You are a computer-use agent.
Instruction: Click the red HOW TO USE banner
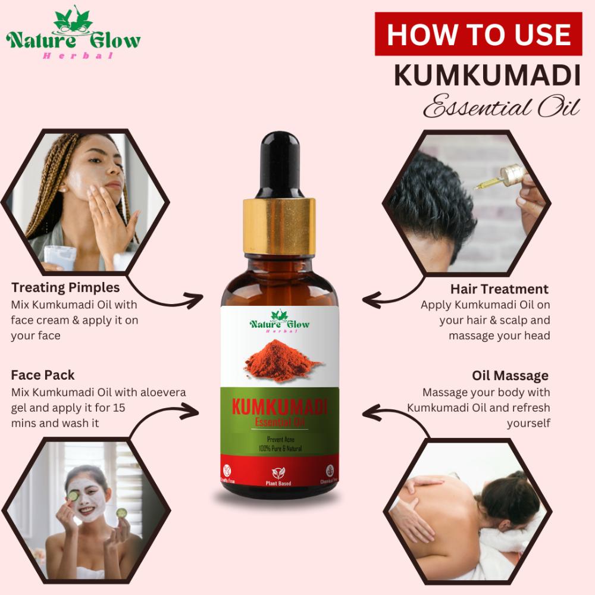[478, 35]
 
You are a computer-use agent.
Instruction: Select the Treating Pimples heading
[65, 288]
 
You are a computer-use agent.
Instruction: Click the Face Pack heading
[43, 375]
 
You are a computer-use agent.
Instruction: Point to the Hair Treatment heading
[499, 289]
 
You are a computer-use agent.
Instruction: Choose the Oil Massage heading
[510, 376]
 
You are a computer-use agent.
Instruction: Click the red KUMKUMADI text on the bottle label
[279, 409]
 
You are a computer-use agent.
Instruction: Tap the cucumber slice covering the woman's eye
[73, 495]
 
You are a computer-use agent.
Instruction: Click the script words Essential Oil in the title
[501, 109]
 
